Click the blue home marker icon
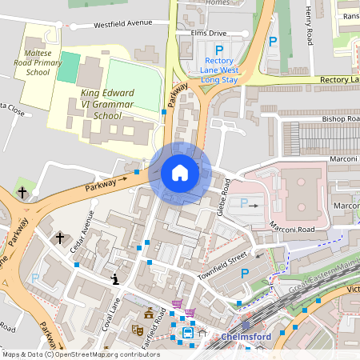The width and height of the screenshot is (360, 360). pos(180,173)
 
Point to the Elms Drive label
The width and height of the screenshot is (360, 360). pos(209,33)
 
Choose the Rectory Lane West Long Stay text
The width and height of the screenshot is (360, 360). pos(219,70)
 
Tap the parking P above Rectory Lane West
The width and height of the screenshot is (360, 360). pos(219,49)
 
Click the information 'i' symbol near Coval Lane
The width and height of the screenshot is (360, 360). pos(116,279)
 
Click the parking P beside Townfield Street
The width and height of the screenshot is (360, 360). pos(245,274)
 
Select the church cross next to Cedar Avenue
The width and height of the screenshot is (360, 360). pos(59,238)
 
